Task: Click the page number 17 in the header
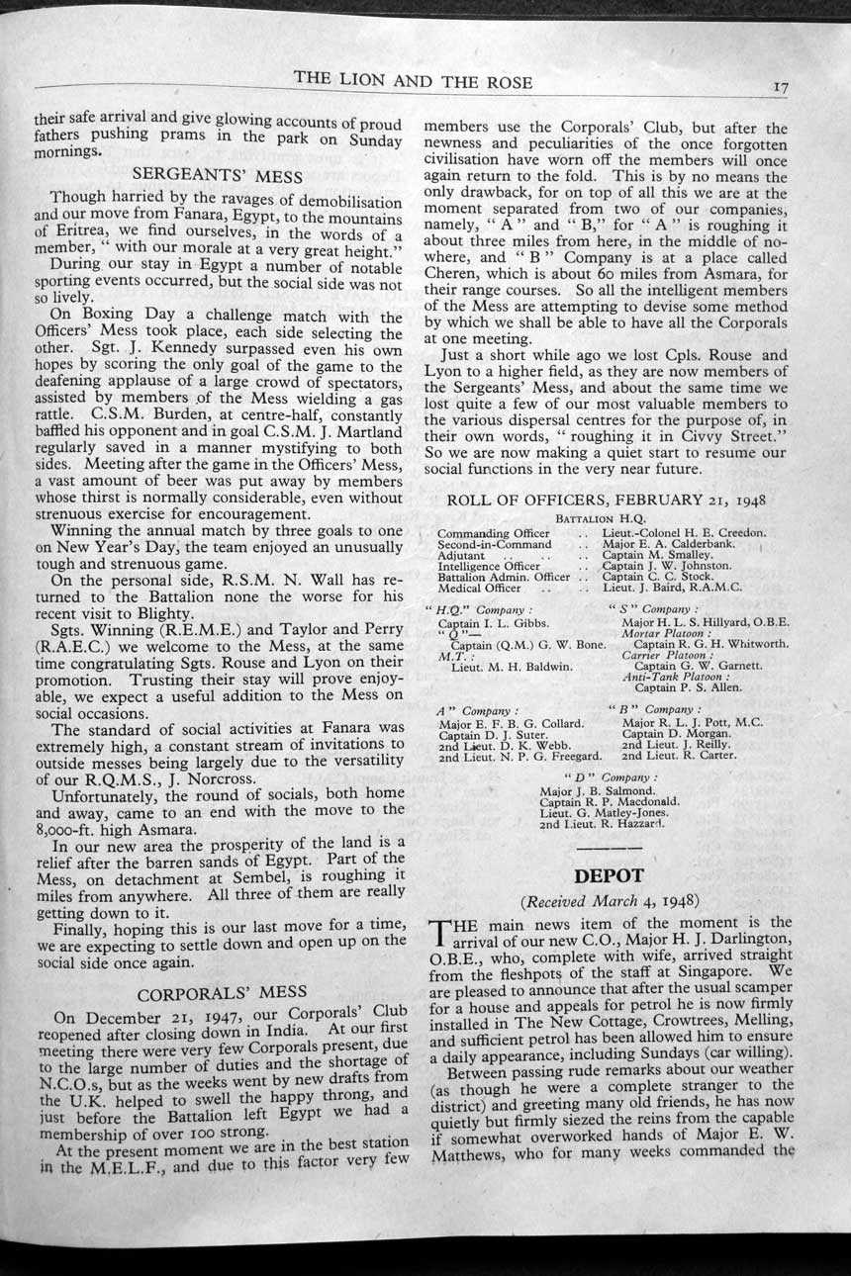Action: pyautogui.click(x=781, y=88)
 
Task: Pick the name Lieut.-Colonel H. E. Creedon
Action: pyautogui.click(x=684, y=533)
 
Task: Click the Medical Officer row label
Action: pyautogui.click(x=480, y=588)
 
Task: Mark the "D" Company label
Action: pyautogui.click(x=610, y=777)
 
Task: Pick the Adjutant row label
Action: pyautogui.click(x=461, y=555)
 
